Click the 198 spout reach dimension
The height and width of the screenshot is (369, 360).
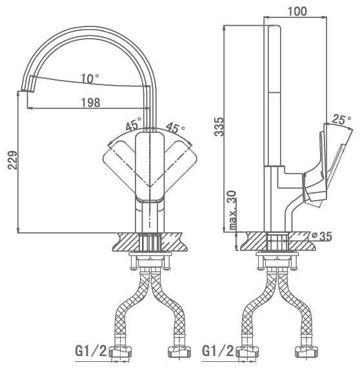pyautogui.click(x=90, y=103)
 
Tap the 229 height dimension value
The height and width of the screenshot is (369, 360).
pyautogui.click(x=13, y=160)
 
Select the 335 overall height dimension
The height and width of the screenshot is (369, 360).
pyautogui.click(x=219, y=126)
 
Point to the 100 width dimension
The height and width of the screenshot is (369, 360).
pyautogui.click(x=297, y=12)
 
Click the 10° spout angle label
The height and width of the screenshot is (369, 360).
pyautogui.click(x=90, y=78)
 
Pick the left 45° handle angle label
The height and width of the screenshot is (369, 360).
pyautogui.click(x=134, y=124)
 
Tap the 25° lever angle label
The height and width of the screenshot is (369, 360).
pyautogui.click(x=341, y=119)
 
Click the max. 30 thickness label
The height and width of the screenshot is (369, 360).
pyautogui.click(x=232, y=210)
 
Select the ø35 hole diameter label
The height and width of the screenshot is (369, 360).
pyautogui.click(x=321, y=236)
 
